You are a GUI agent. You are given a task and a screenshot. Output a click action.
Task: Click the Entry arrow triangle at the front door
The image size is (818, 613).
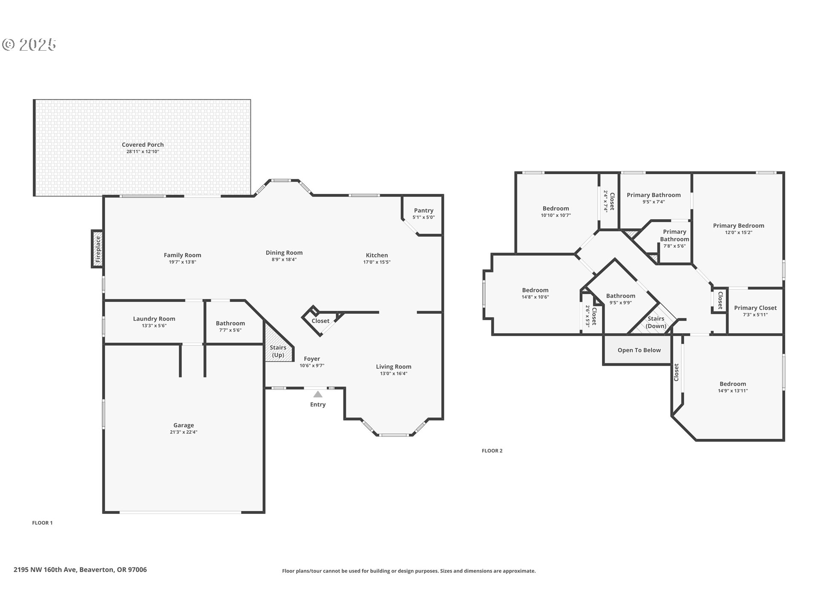(x=318, y=394)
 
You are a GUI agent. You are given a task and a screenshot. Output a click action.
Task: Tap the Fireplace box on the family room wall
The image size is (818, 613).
(x=97, y=249)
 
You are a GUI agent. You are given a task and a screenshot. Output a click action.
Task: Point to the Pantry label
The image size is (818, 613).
(x=423, y=210)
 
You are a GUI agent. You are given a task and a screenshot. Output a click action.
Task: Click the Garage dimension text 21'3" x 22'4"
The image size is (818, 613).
(x=184, y=432)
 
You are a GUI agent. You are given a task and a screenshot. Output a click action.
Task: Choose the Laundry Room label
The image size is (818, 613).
(x=154, y=319)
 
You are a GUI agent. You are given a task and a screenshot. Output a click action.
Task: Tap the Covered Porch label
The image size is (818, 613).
(x=143, y=145)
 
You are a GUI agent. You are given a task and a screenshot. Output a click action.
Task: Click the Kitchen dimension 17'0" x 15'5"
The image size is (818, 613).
(x=377, y=262)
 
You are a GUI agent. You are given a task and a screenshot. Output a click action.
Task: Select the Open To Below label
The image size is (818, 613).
(x=639, y=350)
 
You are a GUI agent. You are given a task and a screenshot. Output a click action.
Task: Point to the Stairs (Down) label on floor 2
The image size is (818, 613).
(x=656, y=322)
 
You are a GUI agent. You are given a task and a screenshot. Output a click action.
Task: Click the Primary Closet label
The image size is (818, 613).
(x=755, y=308)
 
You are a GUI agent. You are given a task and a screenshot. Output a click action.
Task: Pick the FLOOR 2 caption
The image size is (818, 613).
(x=492, y=451)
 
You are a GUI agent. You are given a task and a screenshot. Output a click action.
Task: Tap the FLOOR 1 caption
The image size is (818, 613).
(x=42, y=523)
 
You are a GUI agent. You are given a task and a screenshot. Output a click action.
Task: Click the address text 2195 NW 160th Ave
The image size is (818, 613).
(x=45, y=570)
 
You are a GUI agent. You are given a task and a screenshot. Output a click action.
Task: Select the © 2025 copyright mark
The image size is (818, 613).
(x=29, y=44)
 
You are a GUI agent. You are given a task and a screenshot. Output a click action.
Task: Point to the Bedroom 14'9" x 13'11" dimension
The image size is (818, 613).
(x=733, y=391)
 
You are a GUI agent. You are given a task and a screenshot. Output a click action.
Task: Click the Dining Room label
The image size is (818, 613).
(x=284, y=253)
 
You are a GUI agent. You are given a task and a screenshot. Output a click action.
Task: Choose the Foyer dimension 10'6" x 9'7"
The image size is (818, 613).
(x=312, y=366)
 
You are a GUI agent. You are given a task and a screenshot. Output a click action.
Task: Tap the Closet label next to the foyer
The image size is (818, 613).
(x=320, y=321)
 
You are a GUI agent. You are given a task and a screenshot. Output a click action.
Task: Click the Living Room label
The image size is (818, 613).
(x=394, y=367)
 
